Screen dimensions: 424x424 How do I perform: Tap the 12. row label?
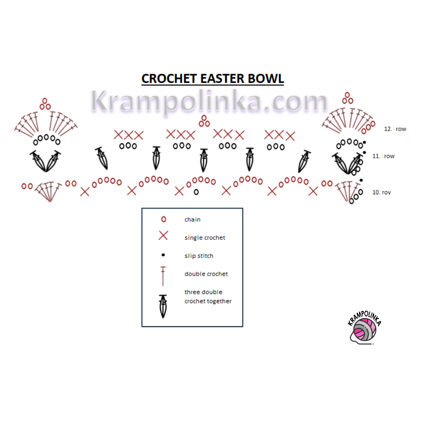click(395, 129)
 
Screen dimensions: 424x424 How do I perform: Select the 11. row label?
click(383, 156)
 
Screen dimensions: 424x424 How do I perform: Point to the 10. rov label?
click(381, 192)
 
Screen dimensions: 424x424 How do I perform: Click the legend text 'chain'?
click(192, 219)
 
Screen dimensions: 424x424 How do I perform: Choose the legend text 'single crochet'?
click(205, 238)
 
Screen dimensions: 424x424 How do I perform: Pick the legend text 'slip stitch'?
click(199, 256)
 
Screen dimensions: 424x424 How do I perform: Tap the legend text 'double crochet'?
click(206, 274)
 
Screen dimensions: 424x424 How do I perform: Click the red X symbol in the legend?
click(163, 236)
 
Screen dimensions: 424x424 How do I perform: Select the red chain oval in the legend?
click(163, 219)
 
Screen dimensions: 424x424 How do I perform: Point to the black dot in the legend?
click(163, 255)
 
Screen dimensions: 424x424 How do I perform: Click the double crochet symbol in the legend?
click(163, 276)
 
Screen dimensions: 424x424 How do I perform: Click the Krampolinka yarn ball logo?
click(364, 330)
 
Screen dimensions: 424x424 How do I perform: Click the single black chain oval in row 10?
click(196, 192)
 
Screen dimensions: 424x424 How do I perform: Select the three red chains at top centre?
click(204, 121)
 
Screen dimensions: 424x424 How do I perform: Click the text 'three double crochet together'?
click(208, 296)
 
